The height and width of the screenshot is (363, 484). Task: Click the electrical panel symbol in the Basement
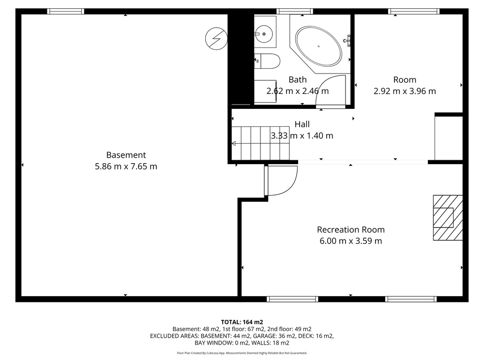(216, 39)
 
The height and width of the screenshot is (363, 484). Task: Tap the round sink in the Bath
(264, 34)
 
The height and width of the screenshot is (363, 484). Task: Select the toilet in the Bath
(267, 61)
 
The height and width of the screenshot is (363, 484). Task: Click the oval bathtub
(318, 46)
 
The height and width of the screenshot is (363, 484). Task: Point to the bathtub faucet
(347, 41)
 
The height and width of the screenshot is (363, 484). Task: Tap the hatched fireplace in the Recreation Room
(448, 218)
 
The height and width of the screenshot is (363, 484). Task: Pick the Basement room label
(126, 155)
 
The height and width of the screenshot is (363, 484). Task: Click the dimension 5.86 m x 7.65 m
(126, 166)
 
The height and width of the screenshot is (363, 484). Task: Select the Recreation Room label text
(350, 229)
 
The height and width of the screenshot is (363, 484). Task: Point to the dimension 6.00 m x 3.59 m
(350, 241)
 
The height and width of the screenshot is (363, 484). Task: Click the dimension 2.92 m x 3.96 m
(405, 91)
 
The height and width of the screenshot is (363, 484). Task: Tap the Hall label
(302, 124)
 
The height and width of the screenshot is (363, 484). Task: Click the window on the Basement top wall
(65, 12)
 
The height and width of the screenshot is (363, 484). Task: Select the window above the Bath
(295, 12)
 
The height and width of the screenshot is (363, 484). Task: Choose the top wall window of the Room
(414, 12)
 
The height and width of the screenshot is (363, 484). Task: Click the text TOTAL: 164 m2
(242, 322)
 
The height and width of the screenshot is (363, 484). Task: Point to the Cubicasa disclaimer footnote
(242, 353)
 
